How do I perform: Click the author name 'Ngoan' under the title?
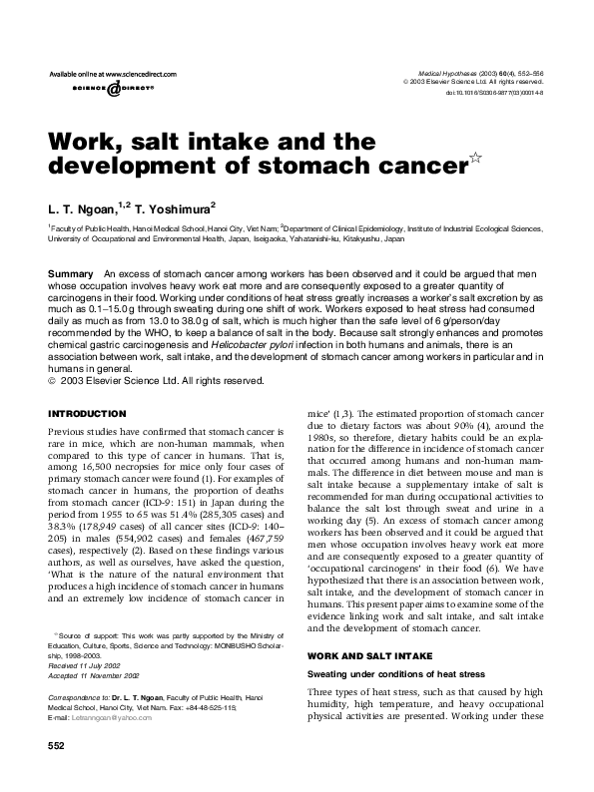point(93,204)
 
